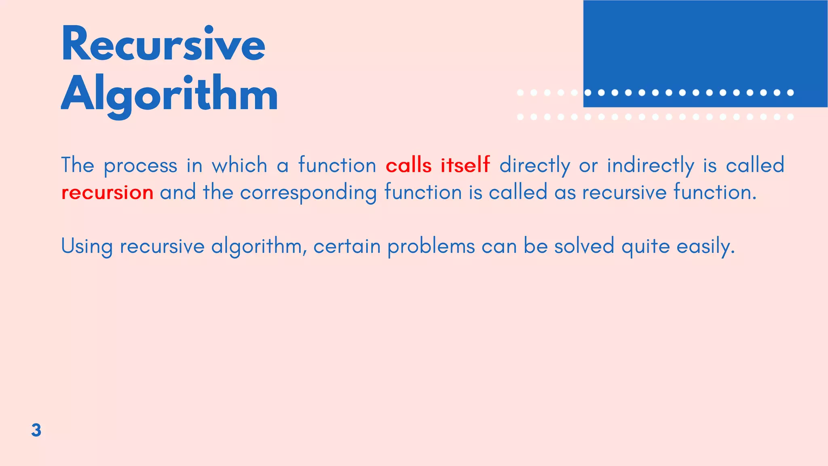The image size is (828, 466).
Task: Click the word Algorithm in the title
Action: pos(169,95)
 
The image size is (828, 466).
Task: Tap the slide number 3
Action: pos(36,430)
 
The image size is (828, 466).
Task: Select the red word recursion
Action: pos(107,192)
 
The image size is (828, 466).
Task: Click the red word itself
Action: pos(465,165)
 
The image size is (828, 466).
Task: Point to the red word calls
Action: pos(408,165)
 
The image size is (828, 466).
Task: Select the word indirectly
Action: pos(651,165)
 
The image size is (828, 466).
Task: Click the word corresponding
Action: pos(308,192)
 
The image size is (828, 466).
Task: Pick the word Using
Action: pos(87,246)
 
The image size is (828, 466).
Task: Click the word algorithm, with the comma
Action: pos(259,246)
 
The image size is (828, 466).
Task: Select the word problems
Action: pos(431,246)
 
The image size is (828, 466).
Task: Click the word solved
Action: pos(584,246)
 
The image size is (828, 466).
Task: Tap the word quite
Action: pos(645,246)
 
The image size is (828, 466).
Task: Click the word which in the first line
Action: pos(239,165)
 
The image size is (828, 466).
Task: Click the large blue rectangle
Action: pos(705,44)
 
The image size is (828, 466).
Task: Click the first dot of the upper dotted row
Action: pos(520,93)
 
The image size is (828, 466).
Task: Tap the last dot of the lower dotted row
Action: pos(790,117)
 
